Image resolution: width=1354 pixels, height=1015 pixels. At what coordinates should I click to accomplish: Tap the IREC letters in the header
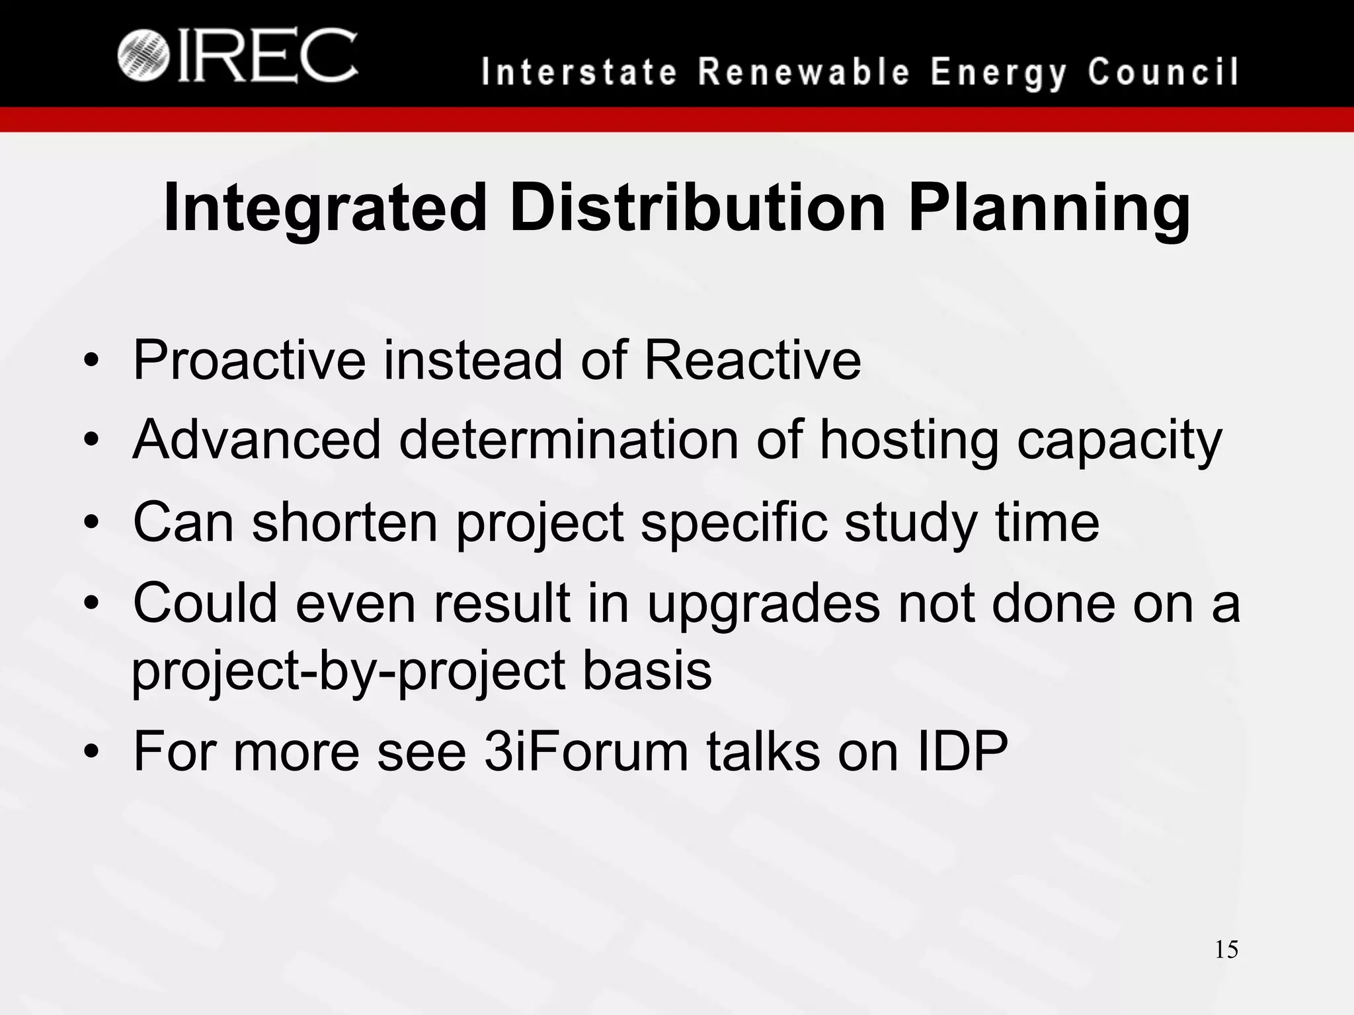pos(267,56)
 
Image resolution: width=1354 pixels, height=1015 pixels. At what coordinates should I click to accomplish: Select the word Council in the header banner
pos(1163,72)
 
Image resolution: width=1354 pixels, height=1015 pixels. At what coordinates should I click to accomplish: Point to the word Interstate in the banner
pos(579,72)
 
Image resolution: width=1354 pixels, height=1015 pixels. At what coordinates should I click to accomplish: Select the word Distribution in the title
pos(697,208)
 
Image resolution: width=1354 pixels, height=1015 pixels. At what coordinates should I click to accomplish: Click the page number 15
pos(1226,950)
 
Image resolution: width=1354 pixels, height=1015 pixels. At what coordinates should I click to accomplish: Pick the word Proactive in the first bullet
pos(249,360)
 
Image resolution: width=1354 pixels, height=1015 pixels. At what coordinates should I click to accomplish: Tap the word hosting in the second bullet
pos(908,441)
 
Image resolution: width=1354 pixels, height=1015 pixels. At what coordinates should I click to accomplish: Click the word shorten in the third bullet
pos(344,522)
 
